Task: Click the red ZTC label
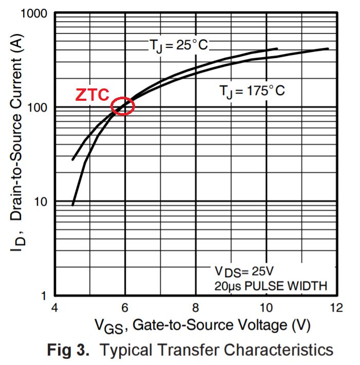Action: point(92,95)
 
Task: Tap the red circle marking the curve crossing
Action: point(122,106)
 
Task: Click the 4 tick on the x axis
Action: point(55,308)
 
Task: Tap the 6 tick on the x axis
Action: point(125,308)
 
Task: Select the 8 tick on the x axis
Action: point(195,308)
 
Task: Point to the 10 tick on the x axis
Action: point(266,308)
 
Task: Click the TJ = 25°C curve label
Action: point(179,45)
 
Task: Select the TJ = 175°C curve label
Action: point(252,91)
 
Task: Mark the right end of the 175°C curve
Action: point(328,49)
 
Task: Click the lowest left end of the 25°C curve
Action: point(73,205)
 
